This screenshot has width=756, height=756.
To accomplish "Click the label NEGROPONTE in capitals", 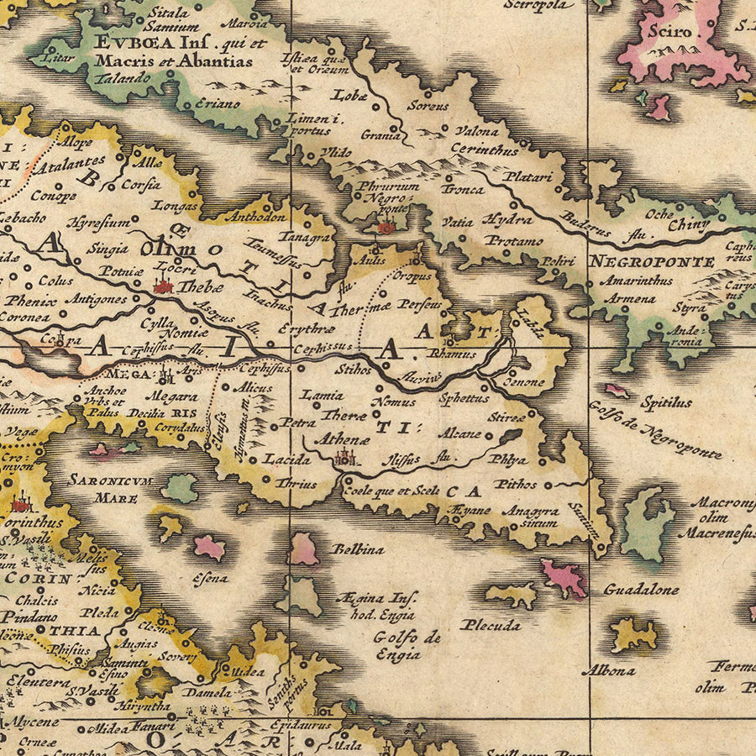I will [651, 260].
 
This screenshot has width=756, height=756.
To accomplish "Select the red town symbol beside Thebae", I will [162, 286].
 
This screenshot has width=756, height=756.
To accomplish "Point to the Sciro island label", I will [669, 33].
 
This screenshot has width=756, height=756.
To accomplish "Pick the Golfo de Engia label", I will [407, 645].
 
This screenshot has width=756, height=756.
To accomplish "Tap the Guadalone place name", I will [642, 590].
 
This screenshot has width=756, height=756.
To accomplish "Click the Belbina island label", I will [359, 549].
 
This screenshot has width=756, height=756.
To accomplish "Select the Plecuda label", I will [490, 625].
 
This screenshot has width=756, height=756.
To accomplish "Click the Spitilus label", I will [666, 402].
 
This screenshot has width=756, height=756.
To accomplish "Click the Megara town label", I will [173, 397].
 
